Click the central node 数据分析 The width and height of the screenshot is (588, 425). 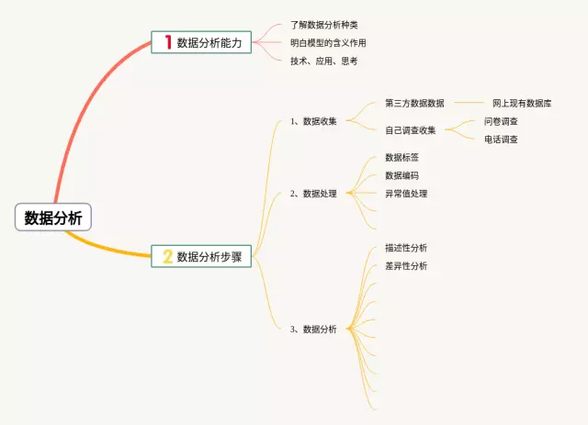53,218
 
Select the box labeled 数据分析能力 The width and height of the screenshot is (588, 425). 201,41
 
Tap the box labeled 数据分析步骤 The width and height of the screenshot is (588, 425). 201,257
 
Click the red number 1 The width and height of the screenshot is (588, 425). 167,41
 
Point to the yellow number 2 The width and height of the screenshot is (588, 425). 167,257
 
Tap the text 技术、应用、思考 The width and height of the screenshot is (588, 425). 317,61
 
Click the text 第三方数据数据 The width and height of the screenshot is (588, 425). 414,104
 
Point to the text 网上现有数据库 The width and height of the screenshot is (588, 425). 522,104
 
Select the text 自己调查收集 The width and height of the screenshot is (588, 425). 411,130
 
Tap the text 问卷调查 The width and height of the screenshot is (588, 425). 501,121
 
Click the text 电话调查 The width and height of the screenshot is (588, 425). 501,140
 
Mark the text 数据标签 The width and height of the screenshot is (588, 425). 402,158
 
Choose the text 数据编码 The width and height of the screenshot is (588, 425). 402,175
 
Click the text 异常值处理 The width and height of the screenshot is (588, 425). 406,194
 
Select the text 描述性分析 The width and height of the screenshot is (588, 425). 406,248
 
